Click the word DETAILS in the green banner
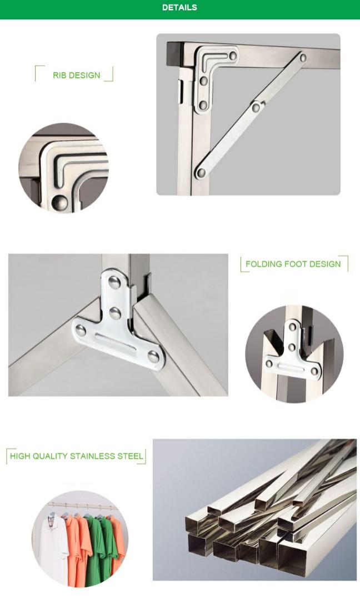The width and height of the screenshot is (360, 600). (179, 8)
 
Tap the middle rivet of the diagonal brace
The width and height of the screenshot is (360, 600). (256, 107)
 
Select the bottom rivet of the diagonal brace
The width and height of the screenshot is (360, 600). (201, 173)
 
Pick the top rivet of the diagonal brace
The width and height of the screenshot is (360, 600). (303, 57)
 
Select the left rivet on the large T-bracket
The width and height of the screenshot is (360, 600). (81, 332)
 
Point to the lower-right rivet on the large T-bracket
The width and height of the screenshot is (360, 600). (153, 356)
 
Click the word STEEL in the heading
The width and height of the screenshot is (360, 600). (131, 456)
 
